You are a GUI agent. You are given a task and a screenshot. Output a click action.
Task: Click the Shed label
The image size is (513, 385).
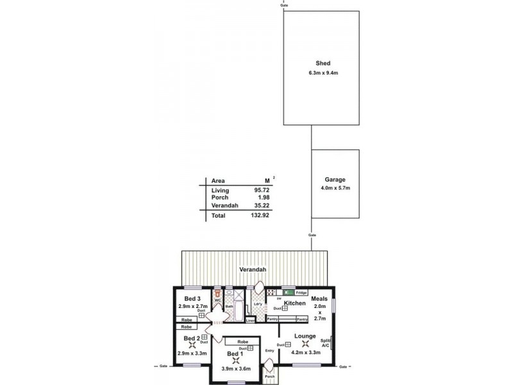pos(322,63)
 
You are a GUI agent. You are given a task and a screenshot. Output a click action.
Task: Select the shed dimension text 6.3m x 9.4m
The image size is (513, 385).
pos(322,73)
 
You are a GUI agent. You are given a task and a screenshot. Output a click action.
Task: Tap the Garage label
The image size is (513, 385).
pos(335,180)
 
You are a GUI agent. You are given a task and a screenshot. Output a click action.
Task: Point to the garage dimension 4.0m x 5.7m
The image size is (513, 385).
pos(335,188)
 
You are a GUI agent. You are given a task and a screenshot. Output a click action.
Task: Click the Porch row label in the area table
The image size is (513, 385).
pos(220,198)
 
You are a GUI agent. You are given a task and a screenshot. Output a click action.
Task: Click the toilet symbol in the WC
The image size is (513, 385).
pos(218,293)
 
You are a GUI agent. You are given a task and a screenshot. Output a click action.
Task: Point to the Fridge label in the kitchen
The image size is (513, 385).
pos(301,293)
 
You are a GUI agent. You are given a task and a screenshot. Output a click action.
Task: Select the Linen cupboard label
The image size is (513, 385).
pos(250,320)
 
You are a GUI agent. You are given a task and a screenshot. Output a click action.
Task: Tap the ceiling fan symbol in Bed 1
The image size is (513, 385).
pos(235,361)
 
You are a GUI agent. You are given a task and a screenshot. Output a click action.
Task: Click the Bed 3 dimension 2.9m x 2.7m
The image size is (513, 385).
pos(192,307)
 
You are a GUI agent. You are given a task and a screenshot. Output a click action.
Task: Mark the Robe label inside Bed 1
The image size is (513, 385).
pos(242,342)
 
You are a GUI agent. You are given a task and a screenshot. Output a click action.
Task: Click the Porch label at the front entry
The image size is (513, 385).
pos(270,377)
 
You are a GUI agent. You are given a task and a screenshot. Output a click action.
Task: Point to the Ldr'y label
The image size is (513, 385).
pos(258,304)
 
